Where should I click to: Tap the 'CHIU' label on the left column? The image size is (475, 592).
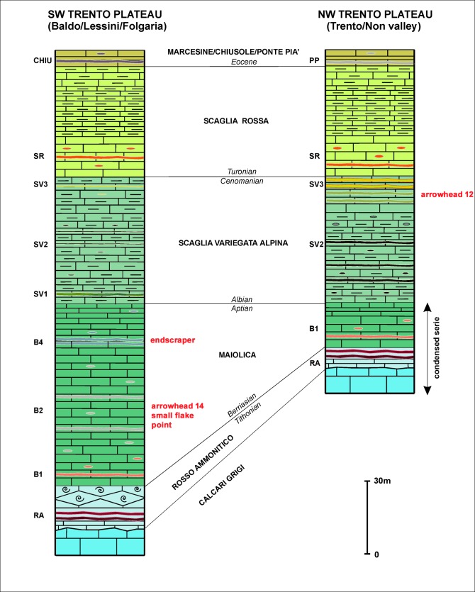[x=30, y=61]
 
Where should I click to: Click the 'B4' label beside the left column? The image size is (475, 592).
[x=30, y=342]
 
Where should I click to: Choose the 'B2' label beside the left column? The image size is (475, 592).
[x=30, y=411]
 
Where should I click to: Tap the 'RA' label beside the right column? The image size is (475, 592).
[x=314, y=362]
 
